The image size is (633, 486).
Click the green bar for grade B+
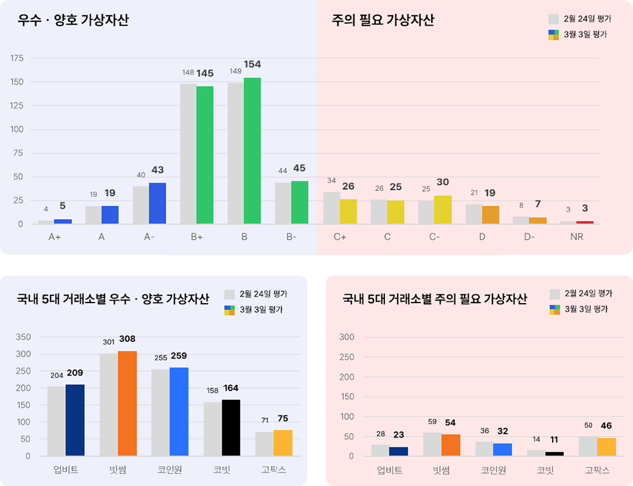pyautogui.click(x=204, y=155)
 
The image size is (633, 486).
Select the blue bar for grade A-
pyautogui.click(x=157, y=203)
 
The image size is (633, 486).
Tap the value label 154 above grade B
pyautogui.click(x=252, y=65)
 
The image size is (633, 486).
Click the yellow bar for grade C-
pyautogui.click(x=442, y=209)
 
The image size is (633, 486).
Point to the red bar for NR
pyautogui.click(x=584, y=222)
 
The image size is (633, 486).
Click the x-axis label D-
pyautogui.click(x=529, y=237)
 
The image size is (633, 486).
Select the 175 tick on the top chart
pyautogui.click(x=17, y=58)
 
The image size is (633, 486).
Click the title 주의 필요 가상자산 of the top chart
pyautogui.click(x=383, y=20)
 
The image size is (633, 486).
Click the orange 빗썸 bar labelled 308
pyautogui.click(x=127, y=403)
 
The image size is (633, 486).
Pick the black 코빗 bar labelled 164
pyautogui.click(x=231, y=427)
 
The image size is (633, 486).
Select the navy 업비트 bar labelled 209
pyautogui.click(x=75, y=420)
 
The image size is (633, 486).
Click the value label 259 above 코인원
pyautogui.click(x=179, y=356)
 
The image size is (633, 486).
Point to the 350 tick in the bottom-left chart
pyautogui.click(x=23, y=337)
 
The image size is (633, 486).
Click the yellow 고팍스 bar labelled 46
pyautogui.click(x=606, y=446)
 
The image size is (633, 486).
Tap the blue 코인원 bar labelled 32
pyautogui.click(x=502, y=449)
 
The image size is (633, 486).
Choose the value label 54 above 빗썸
pyautogui.click(x=450, y=423)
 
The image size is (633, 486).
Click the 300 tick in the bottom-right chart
pyautogui.click(x=347, y=337)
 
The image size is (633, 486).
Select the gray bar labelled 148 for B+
pyautogui.click(x=188, y=154)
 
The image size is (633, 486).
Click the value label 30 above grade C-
pyautogui.click(x=442, y=182)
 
